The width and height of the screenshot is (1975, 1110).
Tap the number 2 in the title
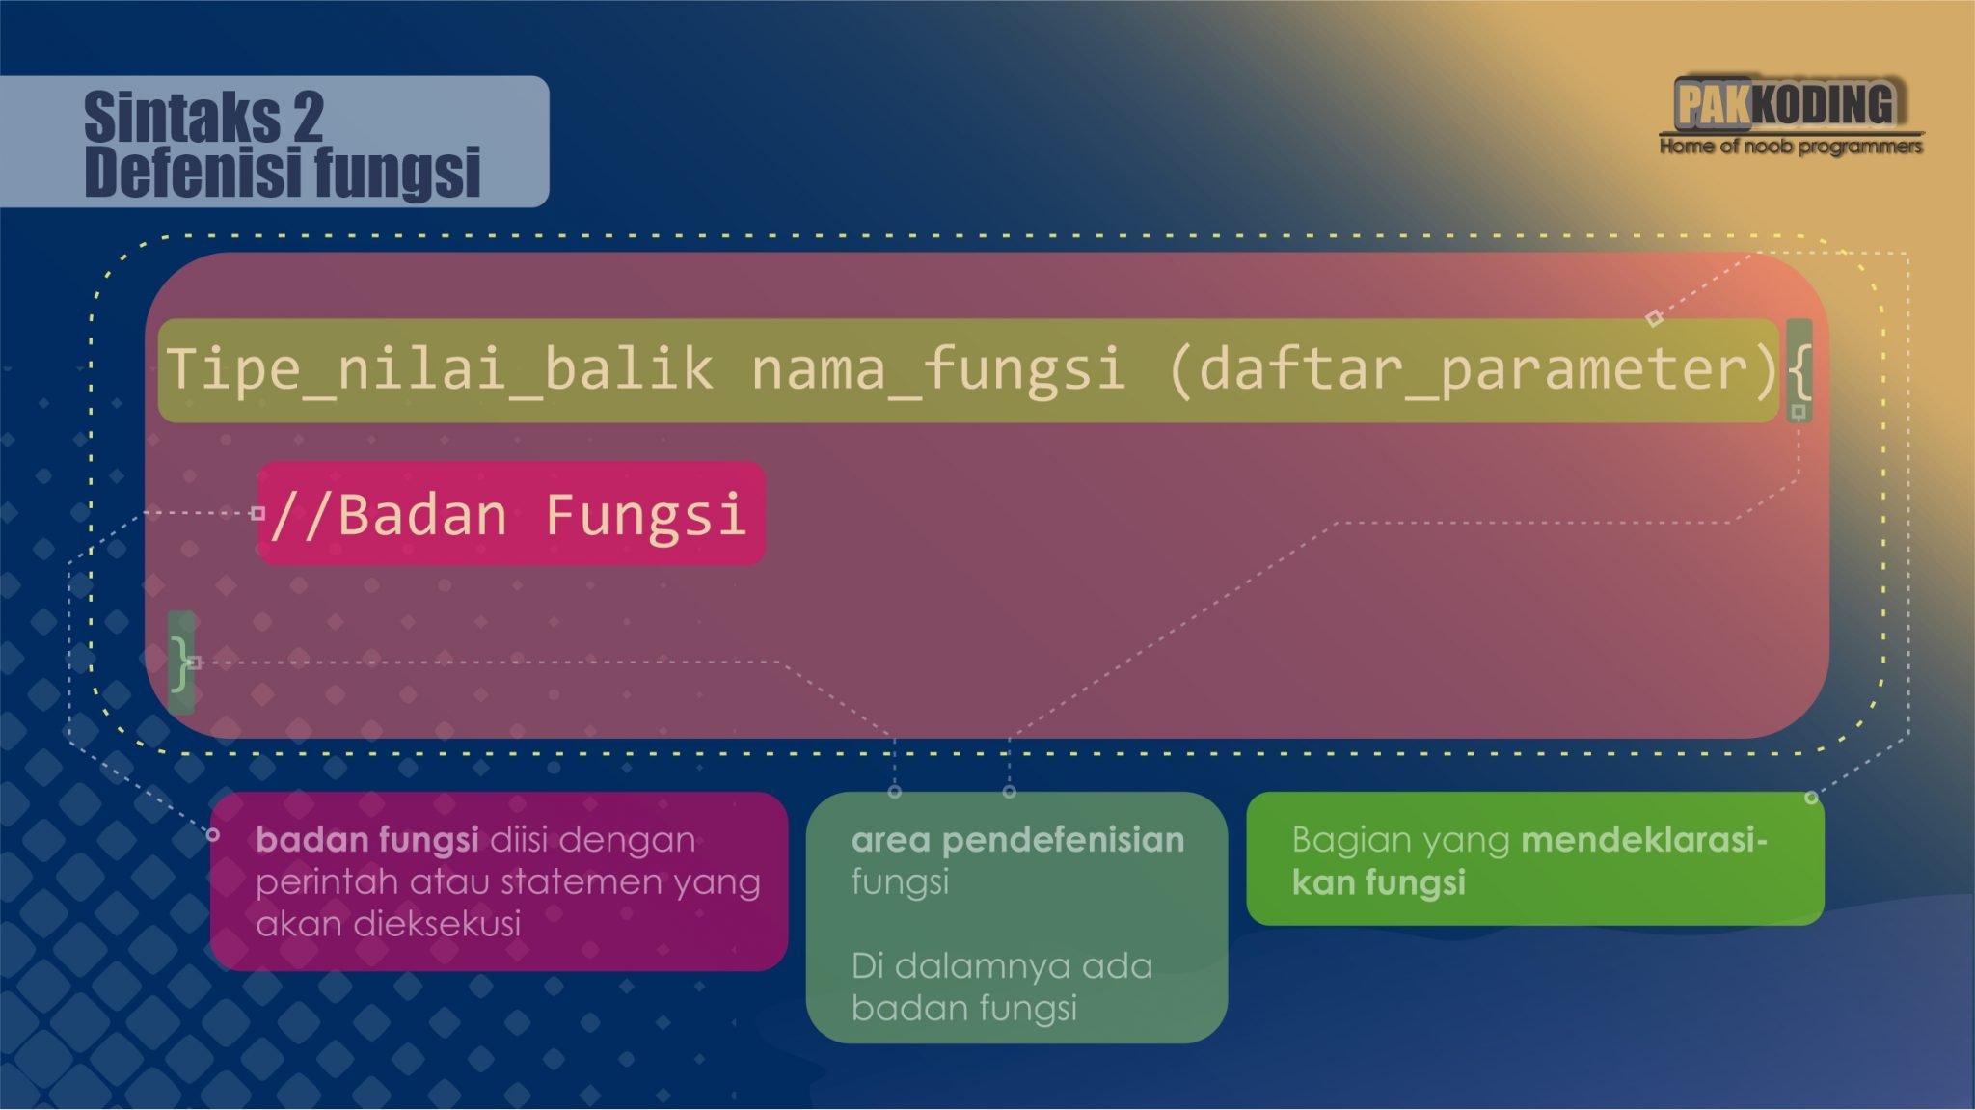pyautogui.click(x=308, y=118)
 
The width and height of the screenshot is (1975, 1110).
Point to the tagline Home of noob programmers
pyautogui.click(x=1790, y=147)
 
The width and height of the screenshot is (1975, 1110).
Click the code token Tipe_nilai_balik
pyautogui.click(x=440, y=369)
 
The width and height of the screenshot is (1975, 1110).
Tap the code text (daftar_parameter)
pyautogui.click(x=1471, y=369)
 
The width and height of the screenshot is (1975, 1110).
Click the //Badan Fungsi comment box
pyautogui.click(x=511, y=513)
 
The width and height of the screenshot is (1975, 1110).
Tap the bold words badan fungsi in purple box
pyautogui.click(x=366, y=840)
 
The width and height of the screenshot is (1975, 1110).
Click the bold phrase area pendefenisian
pyautogui.click(x=1017, y=840)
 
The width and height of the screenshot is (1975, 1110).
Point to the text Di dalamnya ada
pyautogui.click(x=1002, y=965)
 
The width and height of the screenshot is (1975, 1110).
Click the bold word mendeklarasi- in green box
pyautogui.click(x=1643, y=840)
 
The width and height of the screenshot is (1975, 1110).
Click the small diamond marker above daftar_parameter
pyautogui.click(x=1654, y=317)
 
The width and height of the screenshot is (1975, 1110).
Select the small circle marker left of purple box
pyautogui.click(x=213, y=834)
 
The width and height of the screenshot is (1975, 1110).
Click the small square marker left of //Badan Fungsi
pyautogui.click(x=257, y=513)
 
